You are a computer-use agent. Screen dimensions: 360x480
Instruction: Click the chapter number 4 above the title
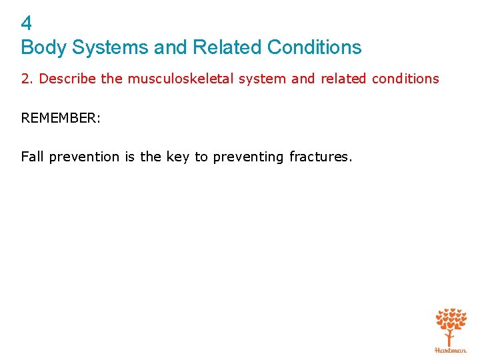pyautogui.click(x=27, y=24)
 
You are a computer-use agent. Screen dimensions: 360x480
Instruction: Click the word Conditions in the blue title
pyautogui.click(x=314, y=48)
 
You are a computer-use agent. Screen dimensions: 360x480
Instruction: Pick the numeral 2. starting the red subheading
pyautogui.click(x=28, y=79)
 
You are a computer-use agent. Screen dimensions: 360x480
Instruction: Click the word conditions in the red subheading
pyautogui.click(x=405, y=79)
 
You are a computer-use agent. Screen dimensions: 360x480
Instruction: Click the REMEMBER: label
pyautogui.click(x=60, y=118)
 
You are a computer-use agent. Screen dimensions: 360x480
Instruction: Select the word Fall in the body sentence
pyautogui.click(x=31, y=157)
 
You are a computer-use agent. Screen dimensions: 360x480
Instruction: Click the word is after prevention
pyautogui.click(x=129, y=157)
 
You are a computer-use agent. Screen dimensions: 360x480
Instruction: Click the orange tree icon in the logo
pyautogui.click(x=451, y=325)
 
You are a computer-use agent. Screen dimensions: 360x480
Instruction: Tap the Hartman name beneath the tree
pyautogui.click(x=451, y=349)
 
